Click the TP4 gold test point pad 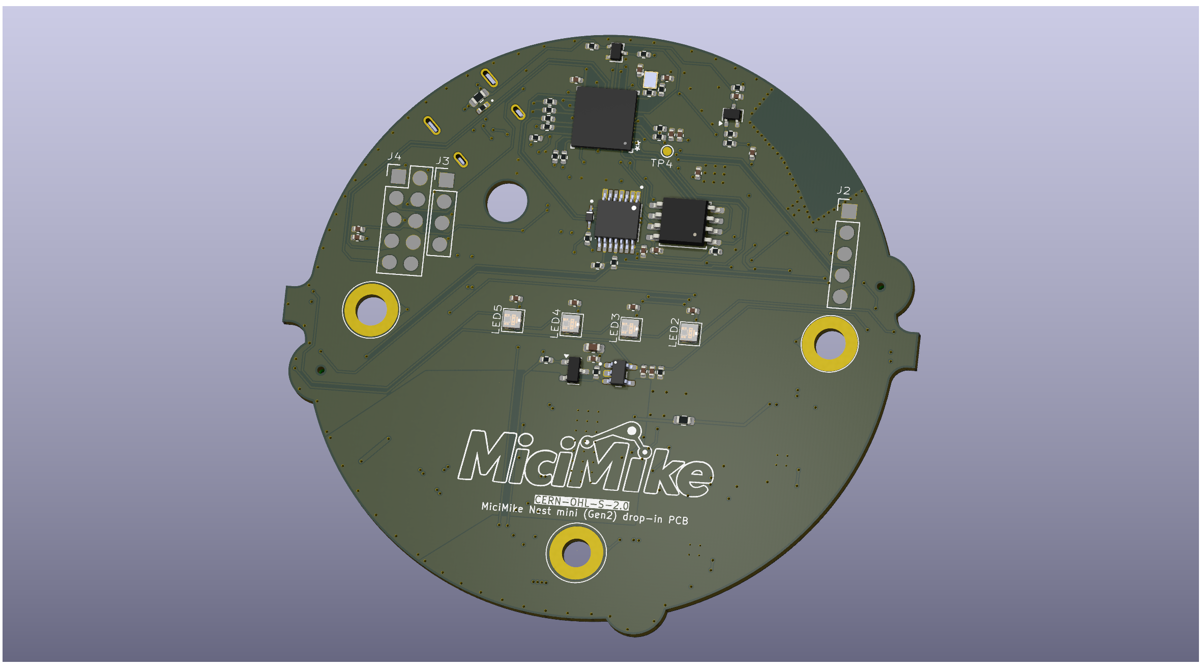point(667,151)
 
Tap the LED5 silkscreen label point(497,319)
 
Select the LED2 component point(690,333)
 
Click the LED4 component point(571,324)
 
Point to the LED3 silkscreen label point(614,327)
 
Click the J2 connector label point(843,190)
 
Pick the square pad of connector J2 point(848,211)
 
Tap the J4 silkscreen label point(394,156)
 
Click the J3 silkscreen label point(443,161)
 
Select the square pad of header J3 point(446,180)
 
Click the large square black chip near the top point(604,118)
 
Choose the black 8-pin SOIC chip point(683,221)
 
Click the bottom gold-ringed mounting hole point(576,553)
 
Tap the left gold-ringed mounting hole point(371,310)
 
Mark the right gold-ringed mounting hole point(829,344)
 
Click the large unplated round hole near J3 point(507,202)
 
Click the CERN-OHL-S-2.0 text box point(581,503)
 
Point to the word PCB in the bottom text point(678,520)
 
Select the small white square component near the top point(650,79)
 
